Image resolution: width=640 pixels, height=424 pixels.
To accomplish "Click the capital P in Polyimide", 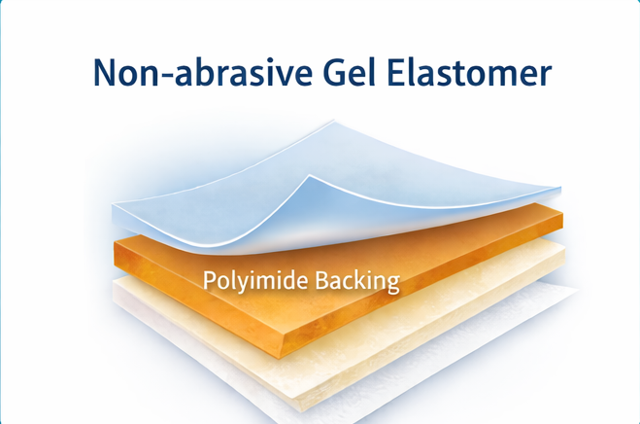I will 209,280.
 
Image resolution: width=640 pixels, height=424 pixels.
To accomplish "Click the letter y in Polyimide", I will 238,284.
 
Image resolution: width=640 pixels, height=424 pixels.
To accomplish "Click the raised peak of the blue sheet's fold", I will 309,177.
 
